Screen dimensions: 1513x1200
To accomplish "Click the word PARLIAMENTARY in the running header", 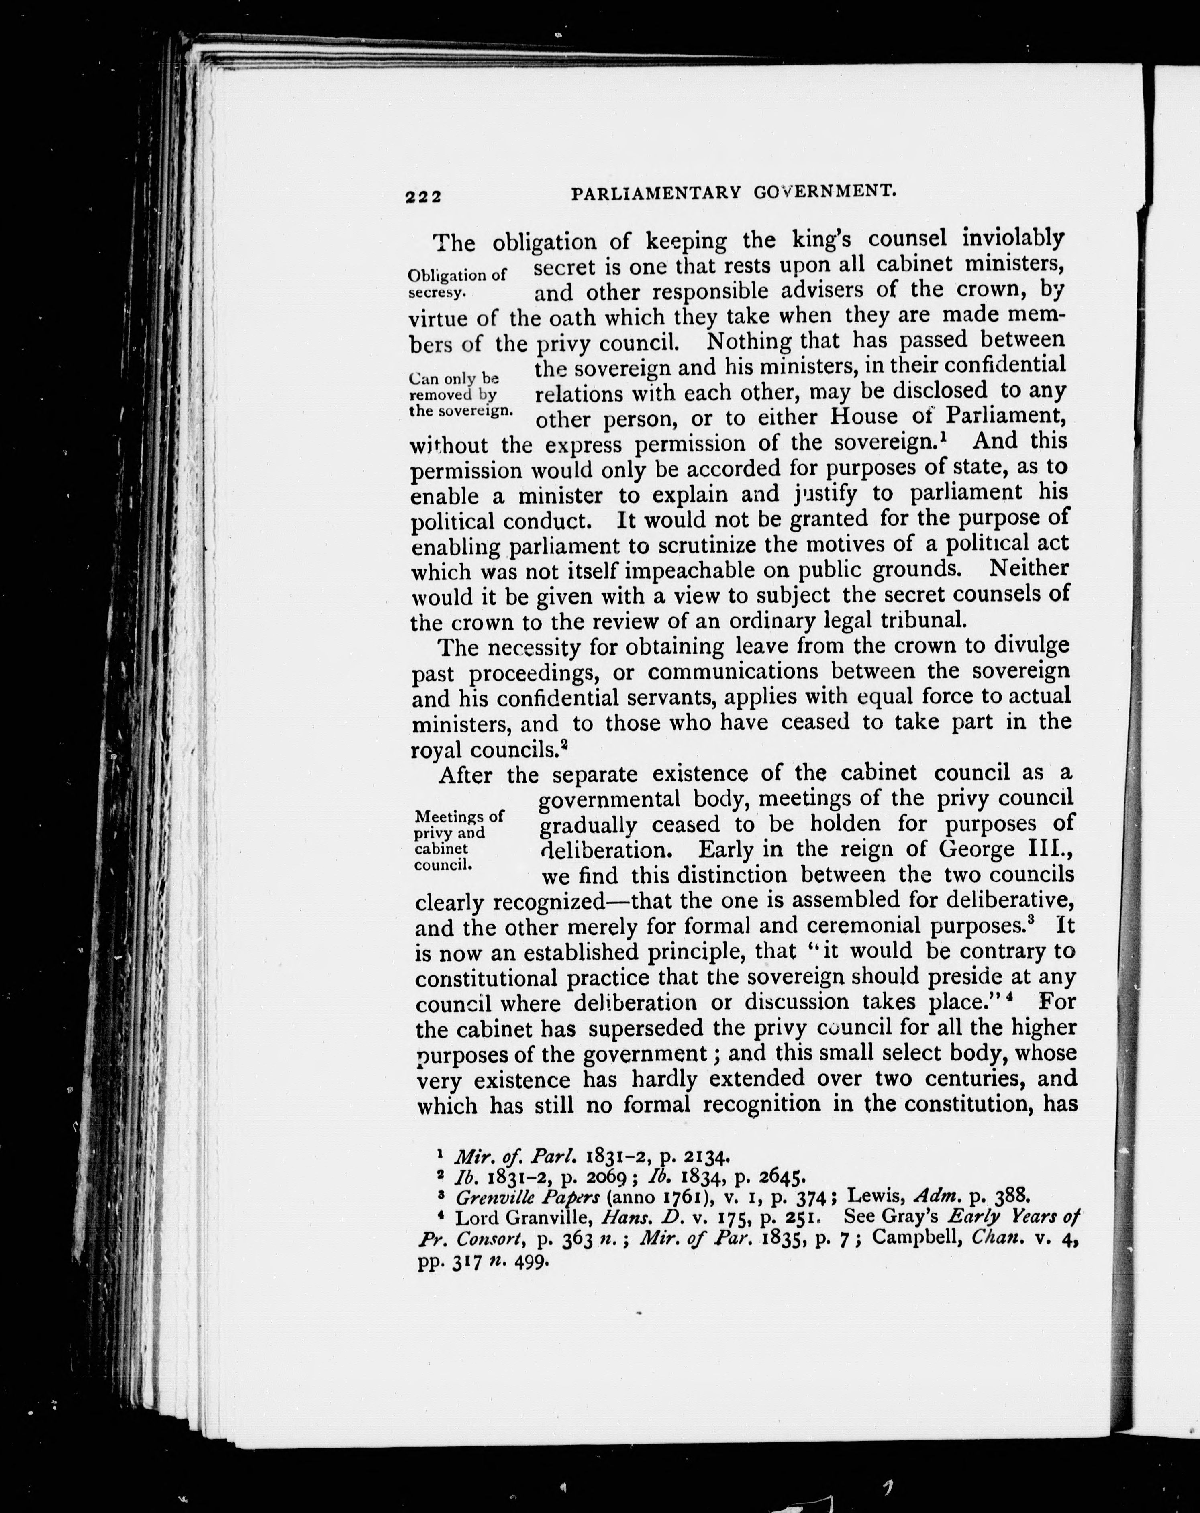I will click(656, 193).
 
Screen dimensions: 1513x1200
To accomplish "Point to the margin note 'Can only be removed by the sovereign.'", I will click(460, 394).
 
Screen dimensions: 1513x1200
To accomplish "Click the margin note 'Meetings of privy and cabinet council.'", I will click(459, 840).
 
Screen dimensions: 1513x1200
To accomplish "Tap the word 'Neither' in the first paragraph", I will click(1029, 567).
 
